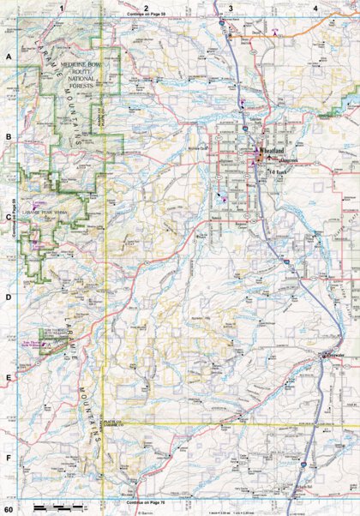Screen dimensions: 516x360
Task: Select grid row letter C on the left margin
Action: point(9,216)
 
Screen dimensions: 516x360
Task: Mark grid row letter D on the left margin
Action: point(9,297)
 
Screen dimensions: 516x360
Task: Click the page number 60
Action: point(8,510)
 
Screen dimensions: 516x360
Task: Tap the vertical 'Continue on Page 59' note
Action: point(16,223)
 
